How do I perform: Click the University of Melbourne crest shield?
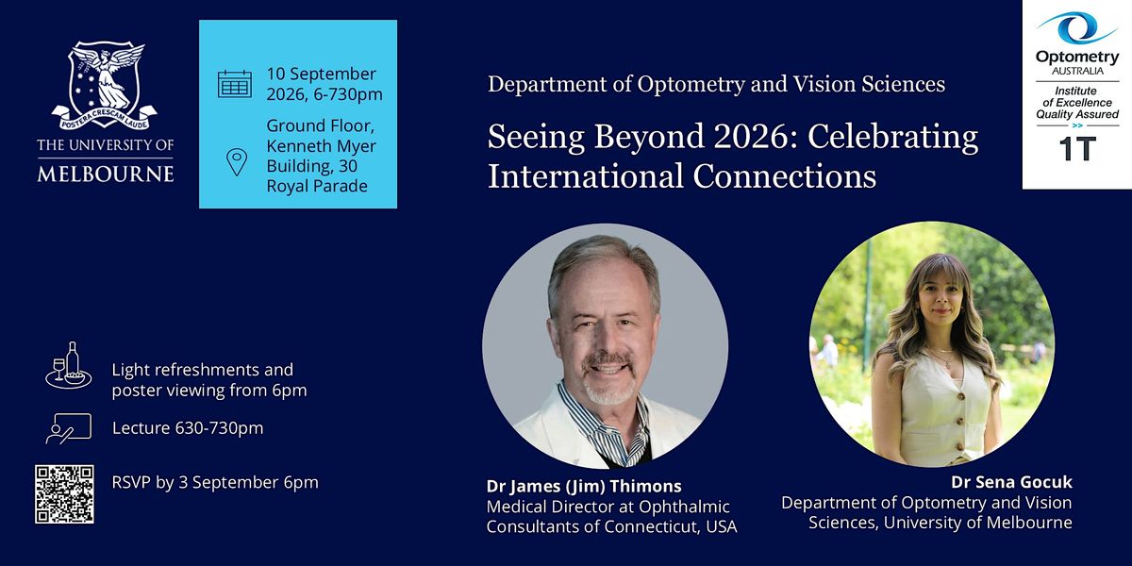coord(105,84)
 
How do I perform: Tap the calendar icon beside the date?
coord(235,84)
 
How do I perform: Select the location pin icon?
coord(237,162)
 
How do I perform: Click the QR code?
coord(64,494)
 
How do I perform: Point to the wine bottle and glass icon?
coord(69,365)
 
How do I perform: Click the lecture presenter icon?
coord(69,428)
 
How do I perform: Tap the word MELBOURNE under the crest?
coord(105,174)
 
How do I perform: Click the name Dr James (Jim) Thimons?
coord(584,486)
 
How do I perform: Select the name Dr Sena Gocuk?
coord(1011,482)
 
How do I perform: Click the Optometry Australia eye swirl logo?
coord(1077,28)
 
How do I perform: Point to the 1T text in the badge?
coord(1077,149)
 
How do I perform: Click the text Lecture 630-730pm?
coord(188,428)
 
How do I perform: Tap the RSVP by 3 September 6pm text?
coord(215,482)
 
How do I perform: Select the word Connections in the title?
coord(784,176)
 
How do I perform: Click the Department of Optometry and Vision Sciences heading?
coord(716,84)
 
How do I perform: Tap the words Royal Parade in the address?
coord(317,186)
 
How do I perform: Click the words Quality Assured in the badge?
coord(1077,114)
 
